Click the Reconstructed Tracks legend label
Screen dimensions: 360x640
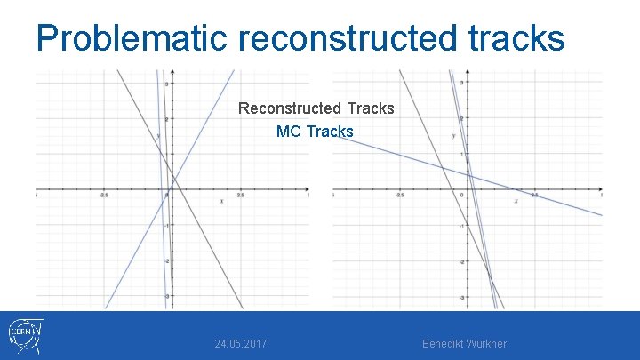316,108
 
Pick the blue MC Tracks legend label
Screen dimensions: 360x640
315,132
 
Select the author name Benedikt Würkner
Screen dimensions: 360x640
464,343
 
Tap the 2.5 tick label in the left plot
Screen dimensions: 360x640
240,195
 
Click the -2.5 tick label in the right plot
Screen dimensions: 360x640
399,195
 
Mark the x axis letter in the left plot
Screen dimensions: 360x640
221,202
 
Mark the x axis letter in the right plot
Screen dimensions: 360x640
516,201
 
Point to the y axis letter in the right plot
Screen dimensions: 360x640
453,135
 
